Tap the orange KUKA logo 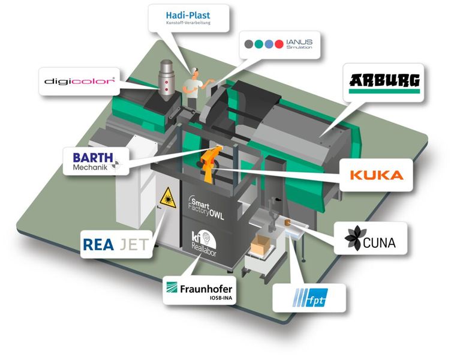pyautogui.click(x=376, y=176)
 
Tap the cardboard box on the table pyautogui.click(x=262, y=244)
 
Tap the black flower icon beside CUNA pyautogui.click(x=353, y=239)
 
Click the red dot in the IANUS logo pyautogui.click(x=279, y=44)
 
